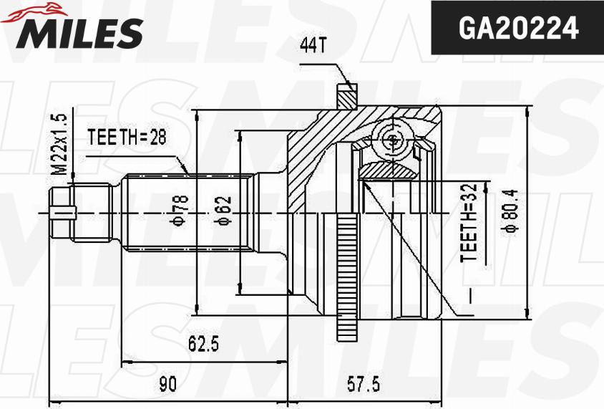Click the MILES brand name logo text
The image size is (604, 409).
79,33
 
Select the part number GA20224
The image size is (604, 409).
519,28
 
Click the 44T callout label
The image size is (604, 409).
313,46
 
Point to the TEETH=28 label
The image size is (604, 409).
127,137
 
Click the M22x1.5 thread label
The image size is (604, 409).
59,144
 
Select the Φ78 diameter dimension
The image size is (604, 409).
180,210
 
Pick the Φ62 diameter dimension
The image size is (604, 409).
223,211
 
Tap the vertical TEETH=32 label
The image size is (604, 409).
469,223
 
